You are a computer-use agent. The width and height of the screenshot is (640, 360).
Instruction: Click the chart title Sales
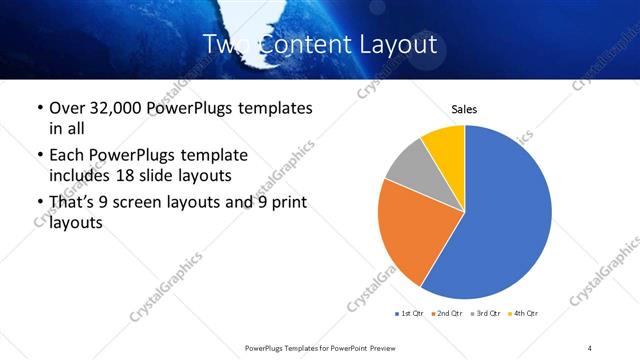coord(464,108)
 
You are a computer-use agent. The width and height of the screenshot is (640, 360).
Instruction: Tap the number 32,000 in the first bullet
coord(118,108)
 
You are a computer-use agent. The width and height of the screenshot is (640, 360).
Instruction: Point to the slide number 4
coord(590,347)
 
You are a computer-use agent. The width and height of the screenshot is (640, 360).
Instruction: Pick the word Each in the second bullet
coord(67,156)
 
